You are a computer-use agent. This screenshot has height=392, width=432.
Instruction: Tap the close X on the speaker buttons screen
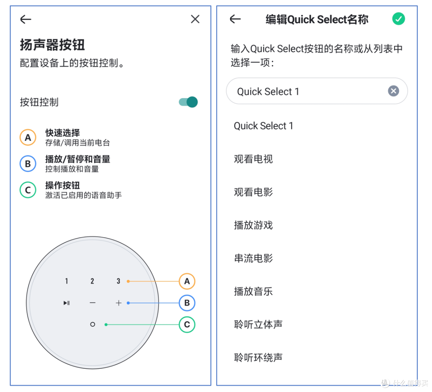point(195,19)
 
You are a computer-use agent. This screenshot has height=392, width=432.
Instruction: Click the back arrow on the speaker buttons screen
point(26,19)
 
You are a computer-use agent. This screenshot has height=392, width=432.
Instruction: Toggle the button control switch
point(188,102)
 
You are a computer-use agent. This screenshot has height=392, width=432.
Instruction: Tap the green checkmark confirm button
point(398,19)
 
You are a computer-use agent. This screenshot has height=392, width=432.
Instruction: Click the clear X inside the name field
point(394,91)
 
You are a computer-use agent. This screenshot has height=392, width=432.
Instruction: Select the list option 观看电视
point(253,159)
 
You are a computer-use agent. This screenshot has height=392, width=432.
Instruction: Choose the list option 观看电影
point(253,192)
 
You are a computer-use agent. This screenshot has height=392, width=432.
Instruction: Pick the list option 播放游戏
point(253,225)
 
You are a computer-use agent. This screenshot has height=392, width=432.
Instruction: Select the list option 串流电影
point(253,258)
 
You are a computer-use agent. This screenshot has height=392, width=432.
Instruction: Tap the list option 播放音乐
point(253,291)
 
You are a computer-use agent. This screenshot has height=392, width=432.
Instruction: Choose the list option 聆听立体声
point(258,324)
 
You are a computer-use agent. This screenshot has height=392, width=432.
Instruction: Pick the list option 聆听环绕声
point(258,357)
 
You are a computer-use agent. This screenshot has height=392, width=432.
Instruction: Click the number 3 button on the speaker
point(118,281)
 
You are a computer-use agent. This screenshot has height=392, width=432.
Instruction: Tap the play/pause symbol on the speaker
point(66,303)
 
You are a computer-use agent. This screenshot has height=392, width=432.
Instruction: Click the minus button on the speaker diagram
point(92,303)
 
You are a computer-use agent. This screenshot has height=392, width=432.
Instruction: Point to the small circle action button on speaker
point(92,324)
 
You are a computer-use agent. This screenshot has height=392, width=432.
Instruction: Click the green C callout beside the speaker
point(187,324)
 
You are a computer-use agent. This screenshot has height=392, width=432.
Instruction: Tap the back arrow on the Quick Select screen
point(235,19)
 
